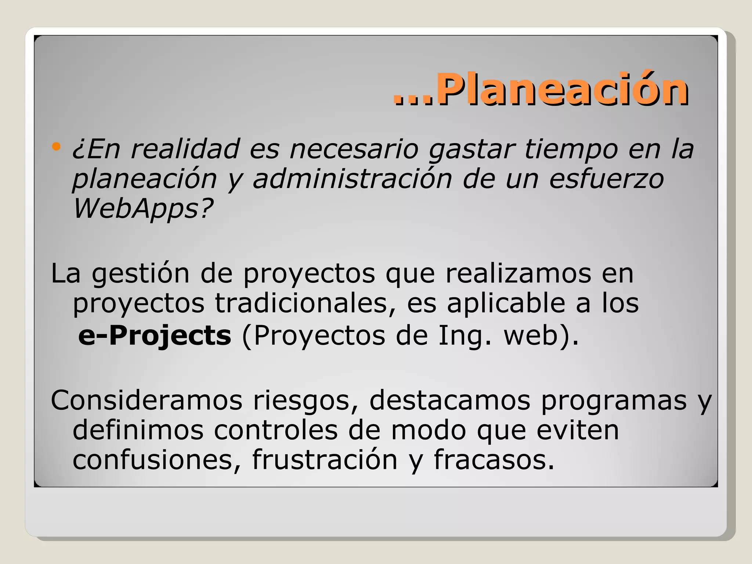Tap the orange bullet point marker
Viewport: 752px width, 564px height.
point(56,147)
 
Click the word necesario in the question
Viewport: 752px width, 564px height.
point(354,149)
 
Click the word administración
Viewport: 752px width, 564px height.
point(352,179)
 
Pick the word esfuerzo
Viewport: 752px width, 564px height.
point(606,179)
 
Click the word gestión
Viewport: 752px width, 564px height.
point(140,274)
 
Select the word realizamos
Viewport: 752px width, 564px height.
point(518,274)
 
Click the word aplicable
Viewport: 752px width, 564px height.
point(506,303)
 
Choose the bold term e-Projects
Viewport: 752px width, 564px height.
point(155,336)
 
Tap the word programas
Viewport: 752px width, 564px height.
point(614,400)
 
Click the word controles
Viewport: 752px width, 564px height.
point(276,430)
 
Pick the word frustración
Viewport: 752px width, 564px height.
point(325,460)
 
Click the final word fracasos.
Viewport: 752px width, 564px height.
point(494,460)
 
